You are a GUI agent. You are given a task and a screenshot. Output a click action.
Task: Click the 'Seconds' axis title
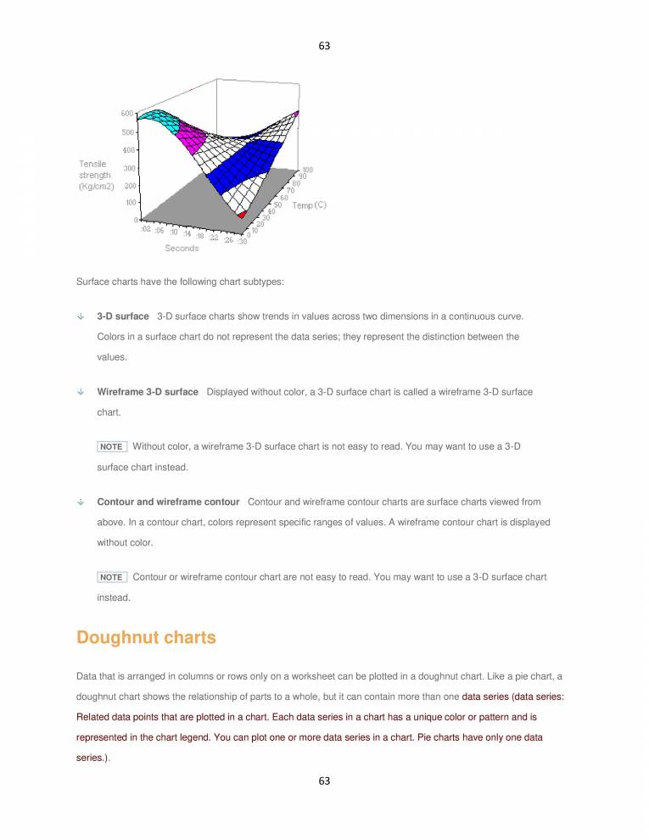point(182,249)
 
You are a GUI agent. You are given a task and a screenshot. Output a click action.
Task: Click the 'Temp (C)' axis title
point(309,205)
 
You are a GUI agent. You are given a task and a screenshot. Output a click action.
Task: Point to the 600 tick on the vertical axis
point(126,113)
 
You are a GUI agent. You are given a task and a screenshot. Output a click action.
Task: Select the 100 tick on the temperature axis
point(307,170)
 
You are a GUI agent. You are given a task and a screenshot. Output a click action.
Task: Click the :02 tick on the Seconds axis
point(147,228)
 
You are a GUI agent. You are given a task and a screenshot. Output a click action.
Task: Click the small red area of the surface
point(243,214)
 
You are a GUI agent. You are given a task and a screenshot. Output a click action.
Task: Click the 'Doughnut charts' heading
point(146,638)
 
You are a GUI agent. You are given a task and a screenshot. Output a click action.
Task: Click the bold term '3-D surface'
point(123,316)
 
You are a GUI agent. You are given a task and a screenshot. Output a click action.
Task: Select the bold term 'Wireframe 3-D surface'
point(148,392)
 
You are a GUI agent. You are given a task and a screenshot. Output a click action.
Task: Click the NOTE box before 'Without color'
point(111,446)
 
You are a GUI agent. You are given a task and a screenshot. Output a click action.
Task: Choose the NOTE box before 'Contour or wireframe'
point(111,577)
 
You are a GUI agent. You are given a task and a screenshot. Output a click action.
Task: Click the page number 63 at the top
point(324,45)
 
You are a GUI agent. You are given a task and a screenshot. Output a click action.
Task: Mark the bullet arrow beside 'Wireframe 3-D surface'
point(81,392)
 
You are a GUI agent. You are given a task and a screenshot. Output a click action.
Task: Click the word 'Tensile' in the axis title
point(92,164)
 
